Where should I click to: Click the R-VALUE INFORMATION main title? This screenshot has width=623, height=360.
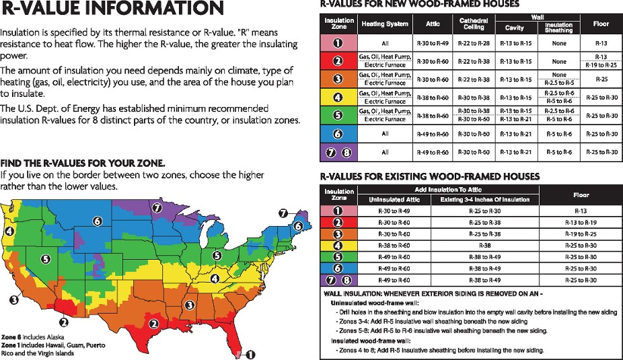point(112,9)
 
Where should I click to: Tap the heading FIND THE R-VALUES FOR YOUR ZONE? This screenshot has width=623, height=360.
point(83,164)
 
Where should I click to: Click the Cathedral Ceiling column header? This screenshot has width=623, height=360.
point(473,24)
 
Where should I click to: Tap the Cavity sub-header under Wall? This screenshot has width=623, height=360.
point(515,28)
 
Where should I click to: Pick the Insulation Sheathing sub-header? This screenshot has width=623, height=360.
point(558,28)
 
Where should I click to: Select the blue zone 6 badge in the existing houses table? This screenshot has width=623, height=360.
point(340,268)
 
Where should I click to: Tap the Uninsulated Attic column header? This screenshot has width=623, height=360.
point(394,199)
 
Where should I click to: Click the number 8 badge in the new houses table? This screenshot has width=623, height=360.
point(346,152)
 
